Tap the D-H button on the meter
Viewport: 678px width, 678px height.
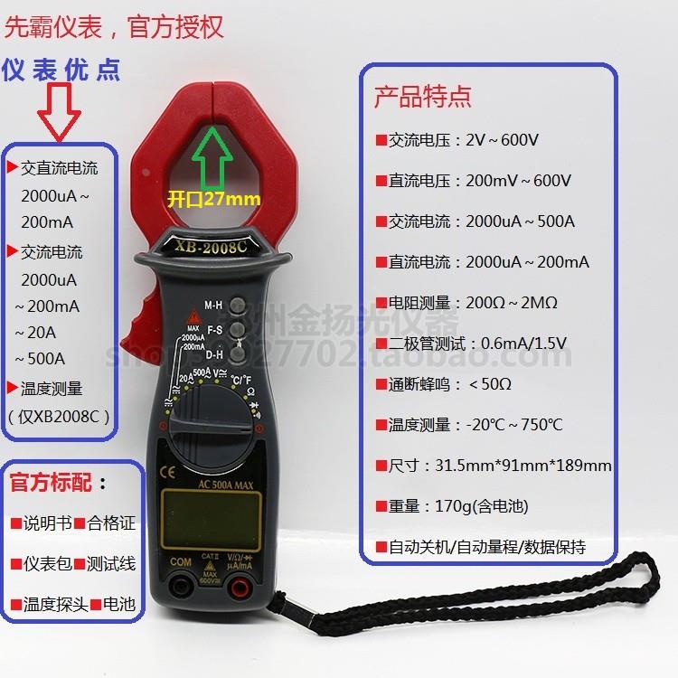pos(238,355)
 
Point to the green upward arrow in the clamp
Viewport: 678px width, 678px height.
pos(214,159)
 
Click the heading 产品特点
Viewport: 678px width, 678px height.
pos(422,98)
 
